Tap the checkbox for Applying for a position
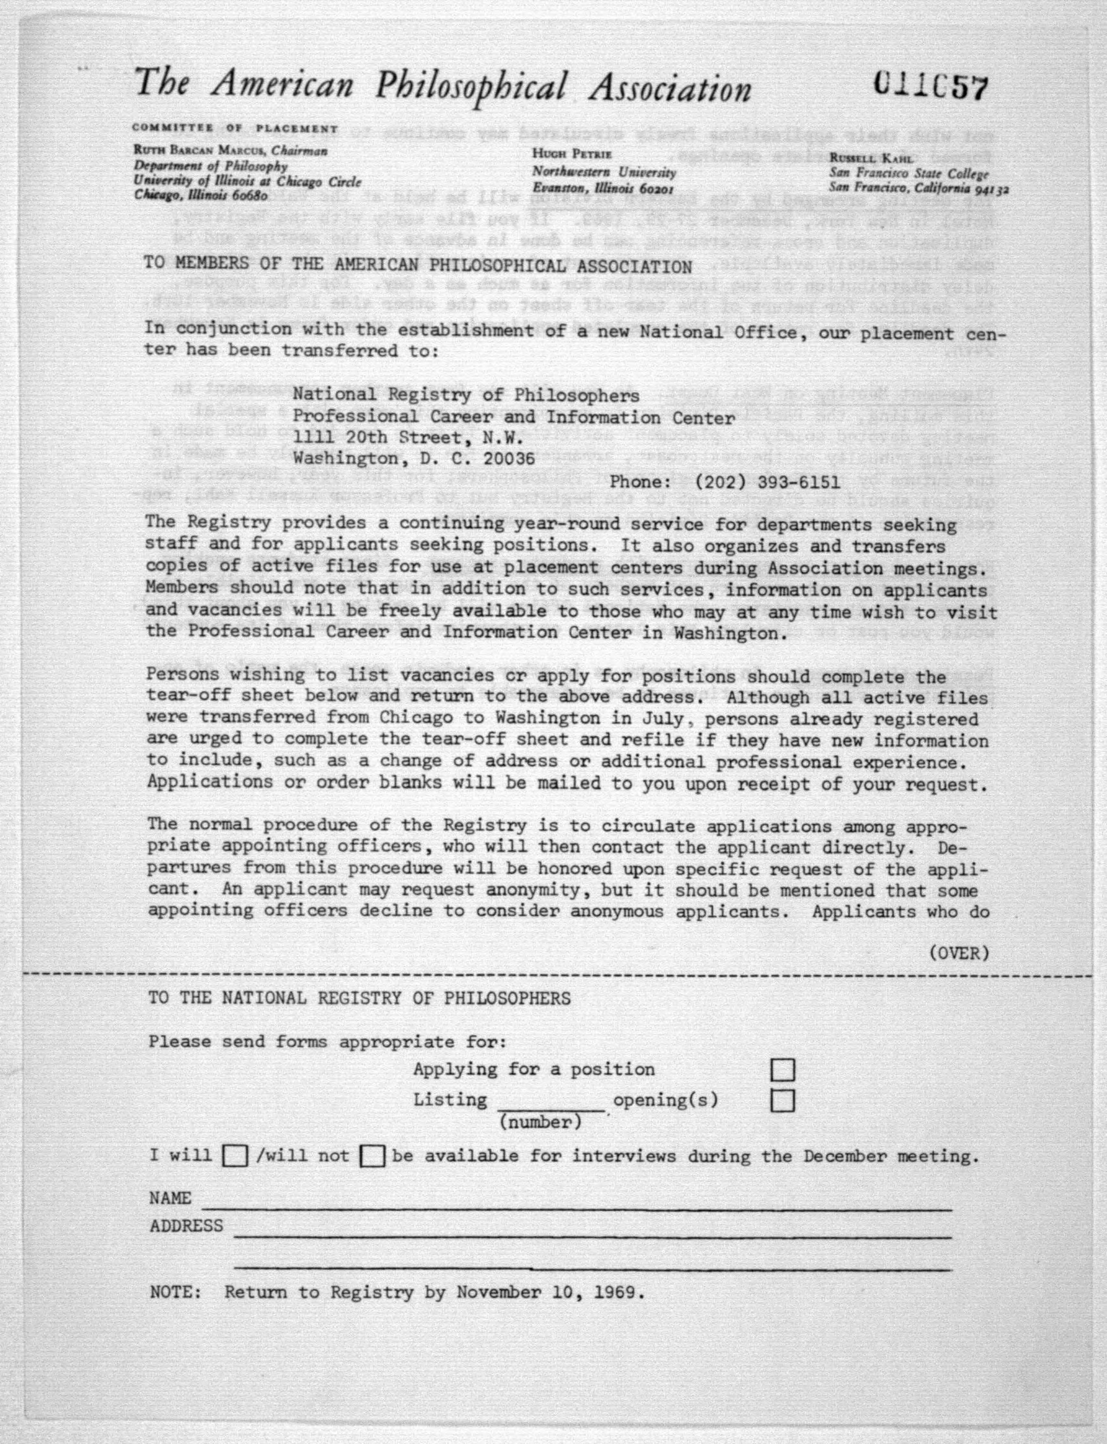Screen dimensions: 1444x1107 coord(782,1070)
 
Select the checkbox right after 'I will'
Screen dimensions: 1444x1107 coord(235,1156)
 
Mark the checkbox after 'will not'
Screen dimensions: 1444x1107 coord(372,1156)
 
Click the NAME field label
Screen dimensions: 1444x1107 coord(170,1198)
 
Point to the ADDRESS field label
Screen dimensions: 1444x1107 coord(186,1226)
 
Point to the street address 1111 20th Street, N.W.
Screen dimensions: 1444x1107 coord(408,437)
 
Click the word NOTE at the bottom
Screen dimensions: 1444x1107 coord(174,1292)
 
